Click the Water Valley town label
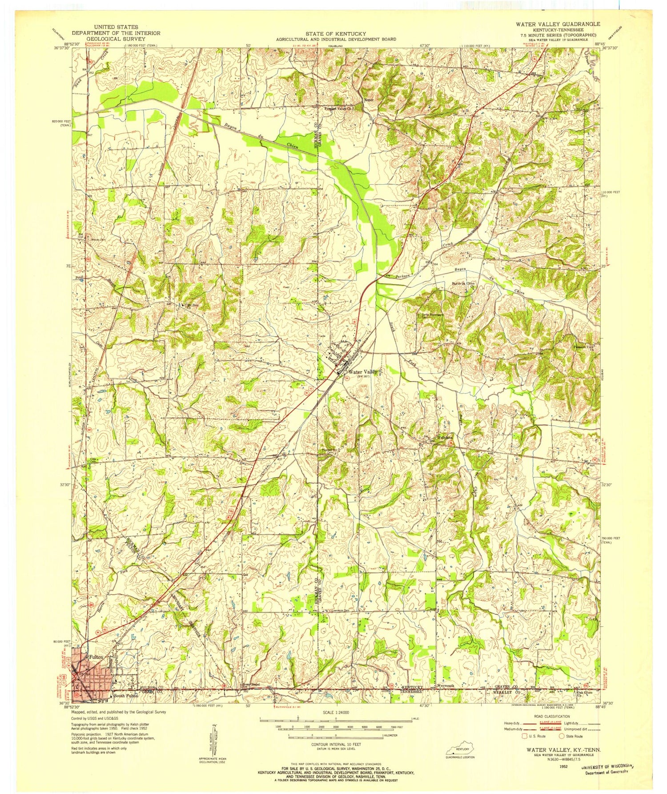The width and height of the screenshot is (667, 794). click(x=363, y=372)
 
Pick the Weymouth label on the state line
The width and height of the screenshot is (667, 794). click(x=446, y=686)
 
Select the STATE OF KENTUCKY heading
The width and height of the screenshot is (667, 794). click(x=336, y=34)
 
